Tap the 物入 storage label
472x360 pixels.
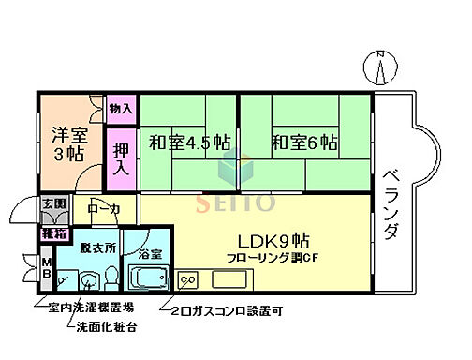[x=121, y=110]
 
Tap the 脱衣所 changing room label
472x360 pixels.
[x=97, y=251]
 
